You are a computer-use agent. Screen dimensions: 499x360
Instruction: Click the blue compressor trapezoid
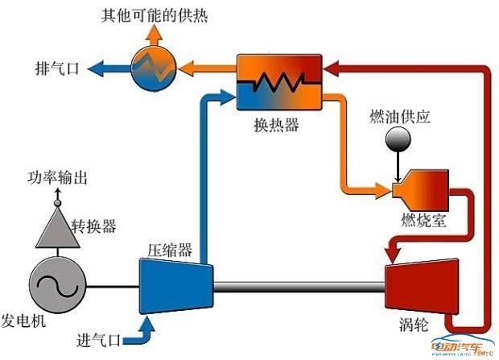coord(176,286)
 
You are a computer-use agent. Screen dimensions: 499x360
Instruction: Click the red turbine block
coord(422,287)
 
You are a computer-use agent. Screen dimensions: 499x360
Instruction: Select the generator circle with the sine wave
coord(58,285)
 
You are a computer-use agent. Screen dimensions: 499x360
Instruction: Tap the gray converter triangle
coord(58,227)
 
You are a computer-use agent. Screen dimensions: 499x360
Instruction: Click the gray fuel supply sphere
coord(398,139)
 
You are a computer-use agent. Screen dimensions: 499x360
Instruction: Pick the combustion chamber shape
coord(420,190)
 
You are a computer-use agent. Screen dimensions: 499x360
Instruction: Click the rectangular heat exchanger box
coord(279,82)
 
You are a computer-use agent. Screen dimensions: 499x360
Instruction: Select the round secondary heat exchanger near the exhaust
coord(154,69)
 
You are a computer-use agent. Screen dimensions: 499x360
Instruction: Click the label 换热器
coord(276,125)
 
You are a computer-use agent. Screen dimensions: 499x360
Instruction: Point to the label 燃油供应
coord(400,117)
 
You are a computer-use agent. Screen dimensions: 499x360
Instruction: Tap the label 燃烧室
coord(423,220)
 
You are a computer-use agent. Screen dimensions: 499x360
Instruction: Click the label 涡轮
coord(414,325)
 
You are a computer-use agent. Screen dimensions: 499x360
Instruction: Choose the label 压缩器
coord(170,250)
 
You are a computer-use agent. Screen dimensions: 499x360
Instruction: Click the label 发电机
coord(23,321)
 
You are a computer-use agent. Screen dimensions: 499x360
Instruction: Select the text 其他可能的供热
coord(155,15)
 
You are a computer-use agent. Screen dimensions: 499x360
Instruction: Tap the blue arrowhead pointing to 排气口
coord(95,68)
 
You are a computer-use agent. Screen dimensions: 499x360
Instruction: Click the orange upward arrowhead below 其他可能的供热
coord(154,32)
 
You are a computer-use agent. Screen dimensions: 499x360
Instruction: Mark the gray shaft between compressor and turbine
coord(299,287)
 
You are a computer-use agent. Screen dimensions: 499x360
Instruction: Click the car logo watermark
coord(462,346)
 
